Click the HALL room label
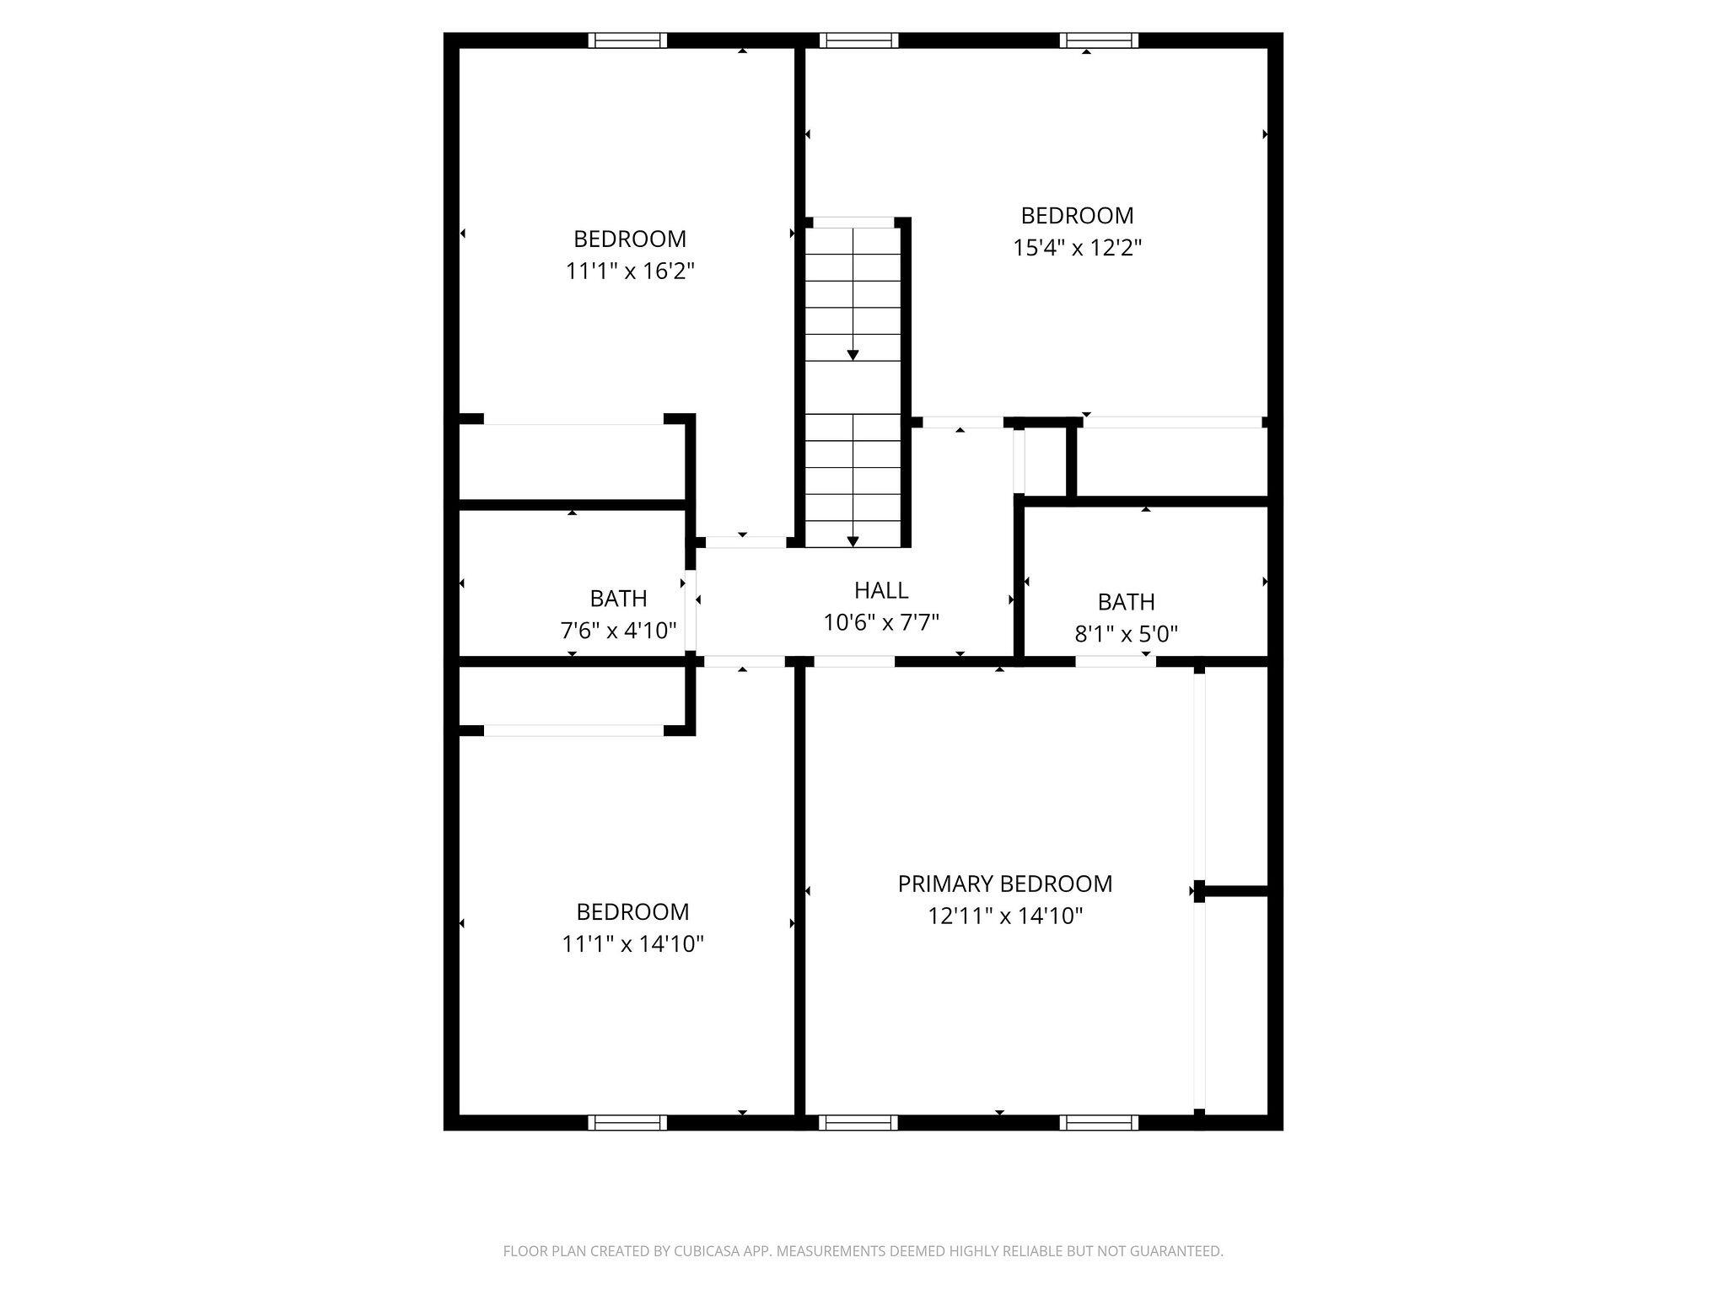[881, 590]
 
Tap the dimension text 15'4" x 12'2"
[1077, 248]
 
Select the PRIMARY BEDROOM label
[1005, 884]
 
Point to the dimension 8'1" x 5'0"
[1127, 633]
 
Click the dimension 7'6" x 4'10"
[619, 630]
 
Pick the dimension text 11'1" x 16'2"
[630, 271]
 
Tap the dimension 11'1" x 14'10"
[633, 943]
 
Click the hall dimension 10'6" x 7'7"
[881, 622]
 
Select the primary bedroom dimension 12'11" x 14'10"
[1005, 916]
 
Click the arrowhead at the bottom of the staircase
[853, 541]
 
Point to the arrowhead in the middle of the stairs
[853, 355]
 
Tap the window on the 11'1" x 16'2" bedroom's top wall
[627, 40]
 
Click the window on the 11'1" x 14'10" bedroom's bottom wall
[627, 1122]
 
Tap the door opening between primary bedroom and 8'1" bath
[1116, 661]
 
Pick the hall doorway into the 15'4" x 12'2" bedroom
[962, 422]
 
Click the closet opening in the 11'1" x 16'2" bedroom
[573, 419]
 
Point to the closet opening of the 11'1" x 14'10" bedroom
[573, 730]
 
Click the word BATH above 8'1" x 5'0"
[1127, 602]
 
